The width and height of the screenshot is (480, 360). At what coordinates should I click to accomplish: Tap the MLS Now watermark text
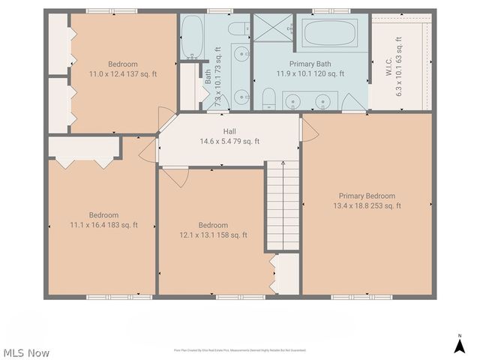click(26, 352)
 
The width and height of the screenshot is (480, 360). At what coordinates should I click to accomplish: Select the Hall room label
click(229, 131)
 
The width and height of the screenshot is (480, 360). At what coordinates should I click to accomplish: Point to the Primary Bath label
click(310, 64)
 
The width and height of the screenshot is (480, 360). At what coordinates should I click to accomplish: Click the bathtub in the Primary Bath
click(331, 34)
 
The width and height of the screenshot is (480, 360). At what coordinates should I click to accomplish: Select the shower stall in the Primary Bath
click(273, 28)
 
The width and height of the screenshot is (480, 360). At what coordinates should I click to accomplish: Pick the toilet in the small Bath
click(239, 29)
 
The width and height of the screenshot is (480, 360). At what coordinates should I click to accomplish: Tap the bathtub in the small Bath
click(190, 37)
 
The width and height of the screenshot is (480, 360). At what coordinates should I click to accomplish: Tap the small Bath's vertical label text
click(208, 76)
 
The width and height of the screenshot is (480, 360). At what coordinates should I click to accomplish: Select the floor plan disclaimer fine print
click(239, 350)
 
